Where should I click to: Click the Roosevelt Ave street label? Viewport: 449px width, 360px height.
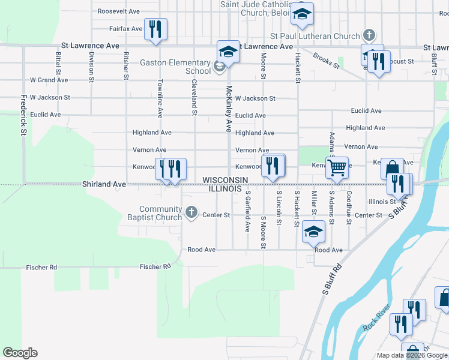pos(118,11)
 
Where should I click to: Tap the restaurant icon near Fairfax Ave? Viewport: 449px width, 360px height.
pos(155,29)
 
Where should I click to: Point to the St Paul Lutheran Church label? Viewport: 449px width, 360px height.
pos(315,36)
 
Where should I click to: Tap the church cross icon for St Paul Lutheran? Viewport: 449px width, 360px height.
pos(369,36)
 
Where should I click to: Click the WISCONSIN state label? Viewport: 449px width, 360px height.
pos(225,180)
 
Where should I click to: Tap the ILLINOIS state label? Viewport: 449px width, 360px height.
pos(225,188)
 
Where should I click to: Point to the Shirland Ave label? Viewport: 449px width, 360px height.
pos(104,184)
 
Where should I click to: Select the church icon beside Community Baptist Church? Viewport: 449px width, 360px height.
pos(191,211)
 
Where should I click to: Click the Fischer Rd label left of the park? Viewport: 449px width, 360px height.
pos(40,267)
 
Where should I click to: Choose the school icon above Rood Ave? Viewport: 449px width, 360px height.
pos(313,231)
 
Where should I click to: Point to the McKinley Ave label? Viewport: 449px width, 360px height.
pos(229,108)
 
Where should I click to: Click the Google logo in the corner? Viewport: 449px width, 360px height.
pos(20,353)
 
